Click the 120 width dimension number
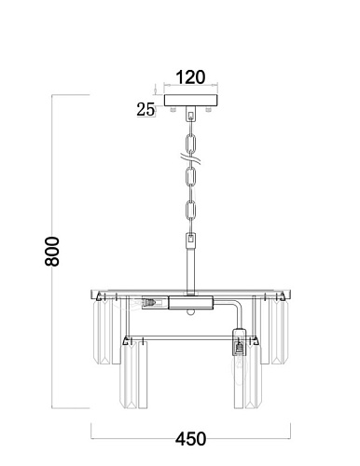pyautogui.click(x=190, y=77)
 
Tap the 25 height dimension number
pyautogui.click(x=145, y=110)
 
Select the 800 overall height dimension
pyautogui.click(x=52, y=252)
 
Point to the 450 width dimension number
pyautogui.click(x=190, y=439)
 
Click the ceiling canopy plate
pyautogui.click(x=191, y=100)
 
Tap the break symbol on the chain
pyautogui.click(x=191, y=159)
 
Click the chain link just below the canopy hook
pyautogui.click(x=191, y=144)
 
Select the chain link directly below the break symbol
pyautogui.click(x=191, y=176)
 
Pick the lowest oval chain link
pyautogui.click(x=191, y=211)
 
